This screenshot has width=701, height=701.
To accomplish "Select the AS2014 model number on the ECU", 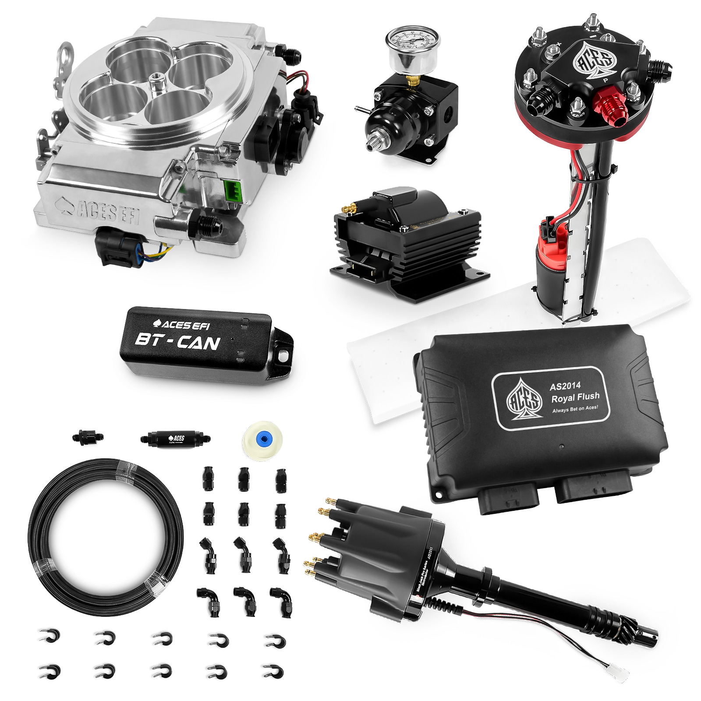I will (565, 386).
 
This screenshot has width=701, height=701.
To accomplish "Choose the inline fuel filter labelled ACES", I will (175, 439).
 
